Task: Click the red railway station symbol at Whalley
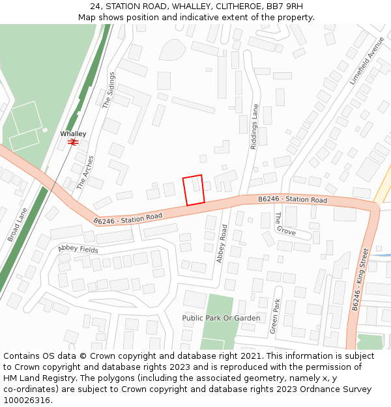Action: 74,141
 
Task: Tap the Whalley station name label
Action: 73,133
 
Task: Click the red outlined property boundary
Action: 194,190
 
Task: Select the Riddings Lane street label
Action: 255,128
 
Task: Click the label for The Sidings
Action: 108,90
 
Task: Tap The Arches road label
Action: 85,172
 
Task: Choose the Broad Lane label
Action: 18,225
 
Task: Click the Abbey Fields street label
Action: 78,249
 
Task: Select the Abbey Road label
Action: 222,244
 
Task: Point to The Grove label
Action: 285,224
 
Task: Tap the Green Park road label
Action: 276,316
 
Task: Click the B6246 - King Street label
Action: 360,279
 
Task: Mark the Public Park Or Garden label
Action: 221,318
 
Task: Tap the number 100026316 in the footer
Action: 27,400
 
